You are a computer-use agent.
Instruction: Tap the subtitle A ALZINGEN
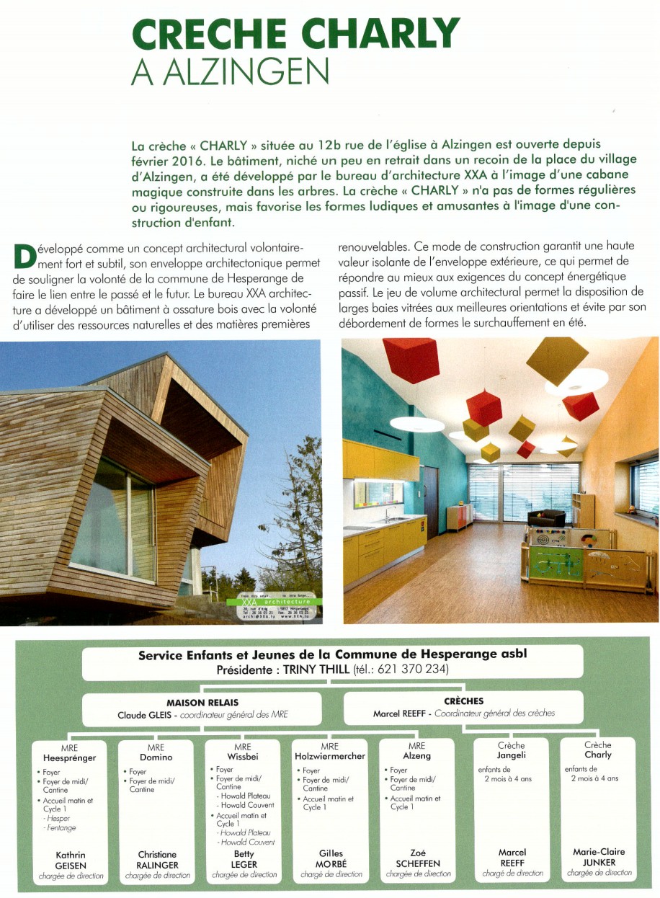(230, 72)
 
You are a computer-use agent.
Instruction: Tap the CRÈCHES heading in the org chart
(464, 701)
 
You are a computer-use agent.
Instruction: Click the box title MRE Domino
(156, 752)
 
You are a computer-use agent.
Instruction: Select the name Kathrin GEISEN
(70, 859)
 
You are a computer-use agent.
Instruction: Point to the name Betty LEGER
(244, 859)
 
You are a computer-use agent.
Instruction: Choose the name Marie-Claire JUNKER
(599, 856)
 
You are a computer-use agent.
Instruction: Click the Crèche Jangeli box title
(512, 750)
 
